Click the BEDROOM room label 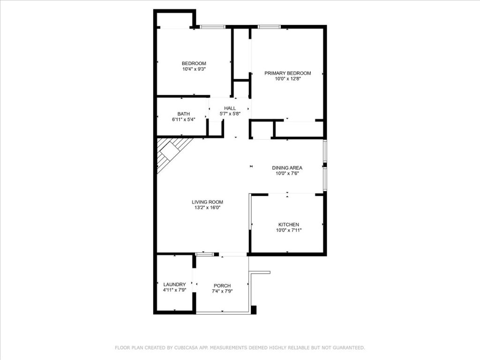(x=194, y=63)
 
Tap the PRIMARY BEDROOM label (x=287, y=73)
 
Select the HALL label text (x=230, y=108)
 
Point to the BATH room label (x=183, y=114)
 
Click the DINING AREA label (x=287, y=168)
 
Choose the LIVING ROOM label (x=207, y=202)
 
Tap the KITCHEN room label (x=288, y=225)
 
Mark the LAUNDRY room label (x=174, y=285)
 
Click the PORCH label (x=222, y=286)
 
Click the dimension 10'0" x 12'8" (x=287, y=79)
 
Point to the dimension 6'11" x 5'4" (x=183, y=120)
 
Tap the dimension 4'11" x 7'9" (x=174, y=291)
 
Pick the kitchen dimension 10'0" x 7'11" (x=288, y=230)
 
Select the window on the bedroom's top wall (x=213, y=27)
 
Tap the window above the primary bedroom (x=266, y=27)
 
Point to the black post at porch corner (x=254, y=310)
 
